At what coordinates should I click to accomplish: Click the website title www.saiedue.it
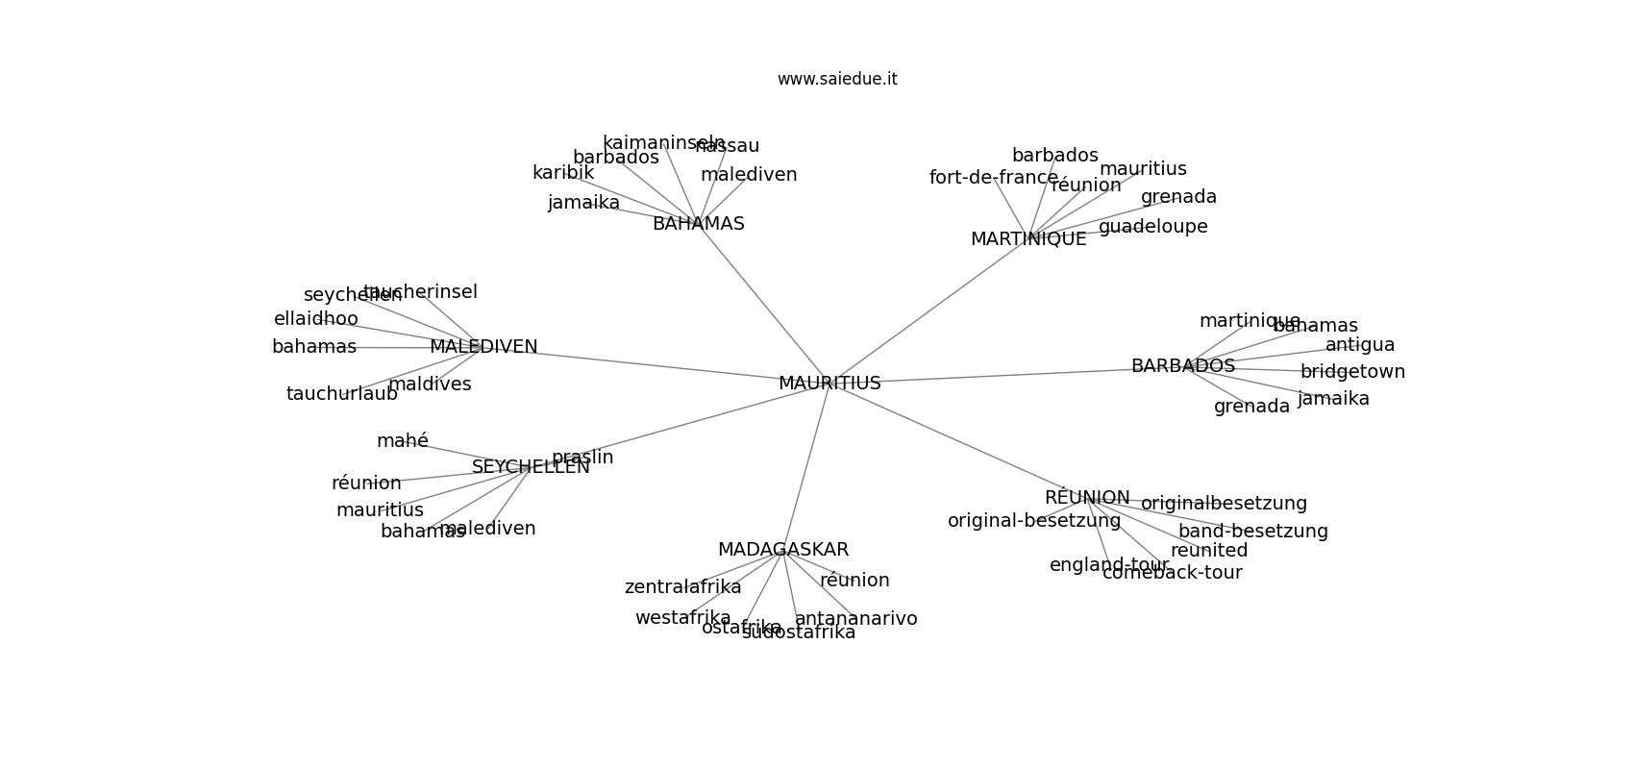837,79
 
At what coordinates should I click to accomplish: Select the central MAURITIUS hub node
829,384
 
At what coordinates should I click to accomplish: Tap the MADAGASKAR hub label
783,550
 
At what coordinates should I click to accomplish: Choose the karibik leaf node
563,173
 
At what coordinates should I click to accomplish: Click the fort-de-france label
993,178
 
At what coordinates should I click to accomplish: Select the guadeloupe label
1152,227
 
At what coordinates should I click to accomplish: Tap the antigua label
1360,345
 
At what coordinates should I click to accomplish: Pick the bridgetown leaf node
1352,372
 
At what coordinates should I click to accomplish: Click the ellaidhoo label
315,319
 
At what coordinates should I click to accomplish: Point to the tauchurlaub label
341,394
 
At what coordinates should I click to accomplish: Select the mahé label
403,441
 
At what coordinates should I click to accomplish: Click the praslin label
582,458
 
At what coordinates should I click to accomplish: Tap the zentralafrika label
682,587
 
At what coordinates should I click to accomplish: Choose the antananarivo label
855,619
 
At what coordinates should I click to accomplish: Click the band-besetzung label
1252,532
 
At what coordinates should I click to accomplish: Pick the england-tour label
1108,565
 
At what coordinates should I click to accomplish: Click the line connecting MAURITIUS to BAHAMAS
764,304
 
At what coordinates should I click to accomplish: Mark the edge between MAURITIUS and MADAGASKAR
806,467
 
